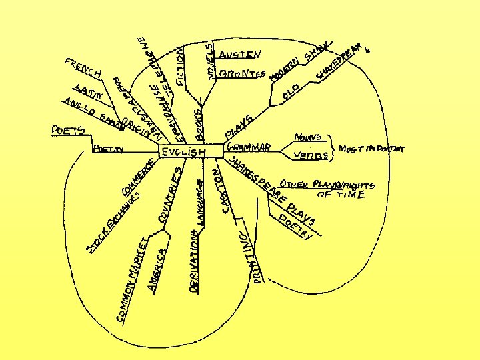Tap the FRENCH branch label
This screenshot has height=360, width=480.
pos(83,68)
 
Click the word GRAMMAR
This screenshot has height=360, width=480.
pos(248,146)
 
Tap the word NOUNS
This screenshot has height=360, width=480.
pos(309,137)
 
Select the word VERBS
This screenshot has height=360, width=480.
pos(311,156)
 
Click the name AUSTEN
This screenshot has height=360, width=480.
pos(241,53)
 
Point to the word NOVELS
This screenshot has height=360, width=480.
pos(210,63)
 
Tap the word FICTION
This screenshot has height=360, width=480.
pos(181,66)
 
